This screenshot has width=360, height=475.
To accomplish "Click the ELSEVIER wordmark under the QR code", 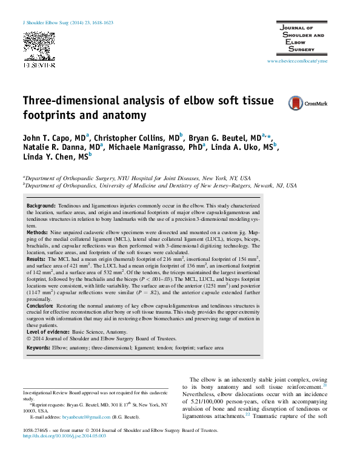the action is click(x=39, y=64).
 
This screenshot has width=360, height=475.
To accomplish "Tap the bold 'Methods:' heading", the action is click(x=38, y=232).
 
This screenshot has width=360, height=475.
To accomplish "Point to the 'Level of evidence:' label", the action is click(x=48, y=332).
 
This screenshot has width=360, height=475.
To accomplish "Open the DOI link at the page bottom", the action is click(x=65, y=435).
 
